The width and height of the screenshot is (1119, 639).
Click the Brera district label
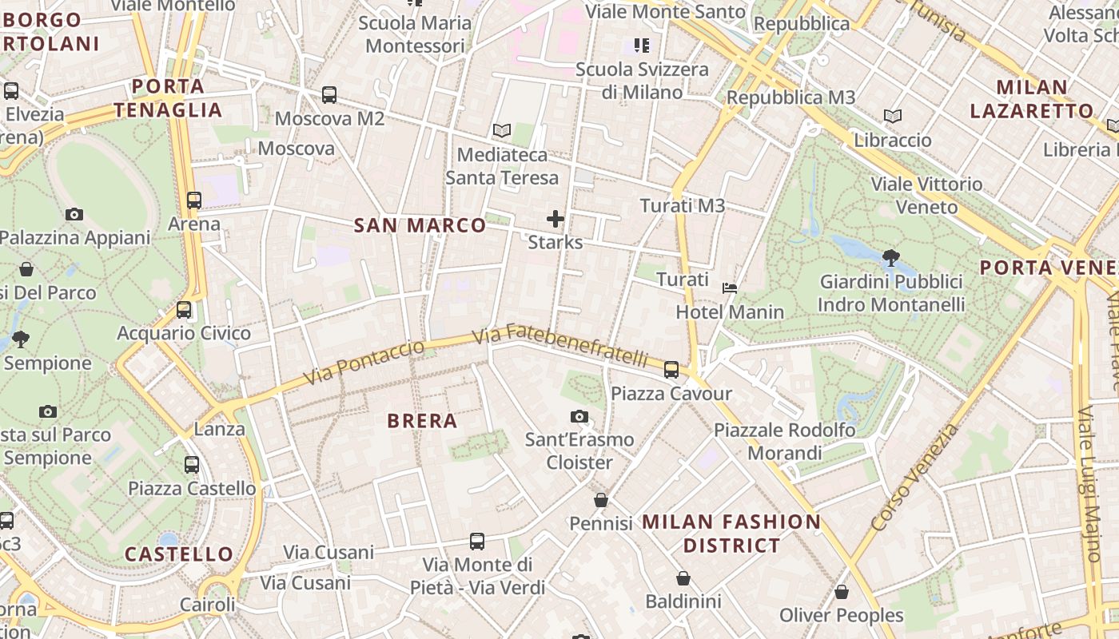(x=422, y=421)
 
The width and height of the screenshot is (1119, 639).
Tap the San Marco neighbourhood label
(x=420, y=226)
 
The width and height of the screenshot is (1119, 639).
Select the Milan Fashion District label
(x=731, y=534)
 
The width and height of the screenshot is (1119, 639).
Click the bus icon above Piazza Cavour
(x=671, y=369)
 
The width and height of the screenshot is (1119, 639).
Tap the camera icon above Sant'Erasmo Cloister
(x=579, y=416)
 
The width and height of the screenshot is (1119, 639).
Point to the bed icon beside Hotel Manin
(x=730, y=288)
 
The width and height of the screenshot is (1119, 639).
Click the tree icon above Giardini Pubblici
(x=890, y=257)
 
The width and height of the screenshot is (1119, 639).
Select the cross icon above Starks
(x=556, y=218)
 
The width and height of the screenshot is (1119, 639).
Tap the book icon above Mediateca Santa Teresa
(x=502, y=130)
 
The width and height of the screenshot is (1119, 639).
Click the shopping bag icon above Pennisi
(x=601, y=500)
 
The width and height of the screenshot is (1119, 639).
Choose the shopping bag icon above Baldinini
(x=683, y=577)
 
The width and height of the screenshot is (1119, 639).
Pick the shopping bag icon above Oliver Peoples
(x=842, y=592)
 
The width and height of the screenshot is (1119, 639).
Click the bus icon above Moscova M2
(x=329, y=95)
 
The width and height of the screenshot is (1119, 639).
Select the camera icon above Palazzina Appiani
(x=74, y=214)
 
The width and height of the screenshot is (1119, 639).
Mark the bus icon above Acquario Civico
(x=184, y=309)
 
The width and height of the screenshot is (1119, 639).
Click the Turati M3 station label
(x=683, y=206)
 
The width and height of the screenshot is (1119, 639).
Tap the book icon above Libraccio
(x=893, y=117)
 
